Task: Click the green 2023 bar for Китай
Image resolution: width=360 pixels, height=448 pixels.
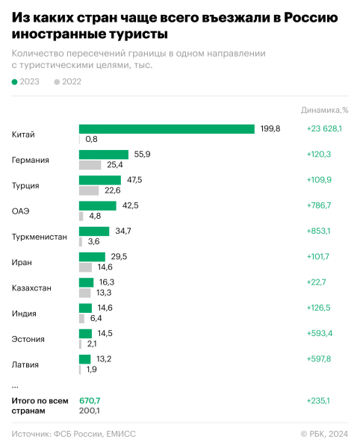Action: (167, 129)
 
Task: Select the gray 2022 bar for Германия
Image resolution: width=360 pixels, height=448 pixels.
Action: (90, 165)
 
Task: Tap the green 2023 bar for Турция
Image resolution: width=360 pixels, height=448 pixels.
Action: (100, 180)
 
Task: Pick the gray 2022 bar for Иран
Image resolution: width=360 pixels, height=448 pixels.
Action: (85, 267)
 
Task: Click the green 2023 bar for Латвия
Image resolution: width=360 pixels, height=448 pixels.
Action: (85, 359)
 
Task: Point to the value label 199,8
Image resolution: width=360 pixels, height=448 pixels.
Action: (270, 129)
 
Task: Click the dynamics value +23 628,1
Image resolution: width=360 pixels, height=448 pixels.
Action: (324, 129)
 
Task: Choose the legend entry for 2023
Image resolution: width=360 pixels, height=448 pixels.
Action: (25, 82)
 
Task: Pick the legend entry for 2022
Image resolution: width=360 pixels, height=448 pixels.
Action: (67, 82)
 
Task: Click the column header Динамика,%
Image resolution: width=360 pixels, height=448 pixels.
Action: (325, 109)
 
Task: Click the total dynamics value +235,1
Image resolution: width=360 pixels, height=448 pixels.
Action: (319, 400)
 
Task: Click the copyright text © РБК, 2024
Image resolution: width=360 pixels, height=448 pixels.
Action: (323, 434)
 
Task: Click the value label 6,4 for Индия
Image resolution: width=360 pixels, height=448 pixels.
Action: (97, 318)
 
